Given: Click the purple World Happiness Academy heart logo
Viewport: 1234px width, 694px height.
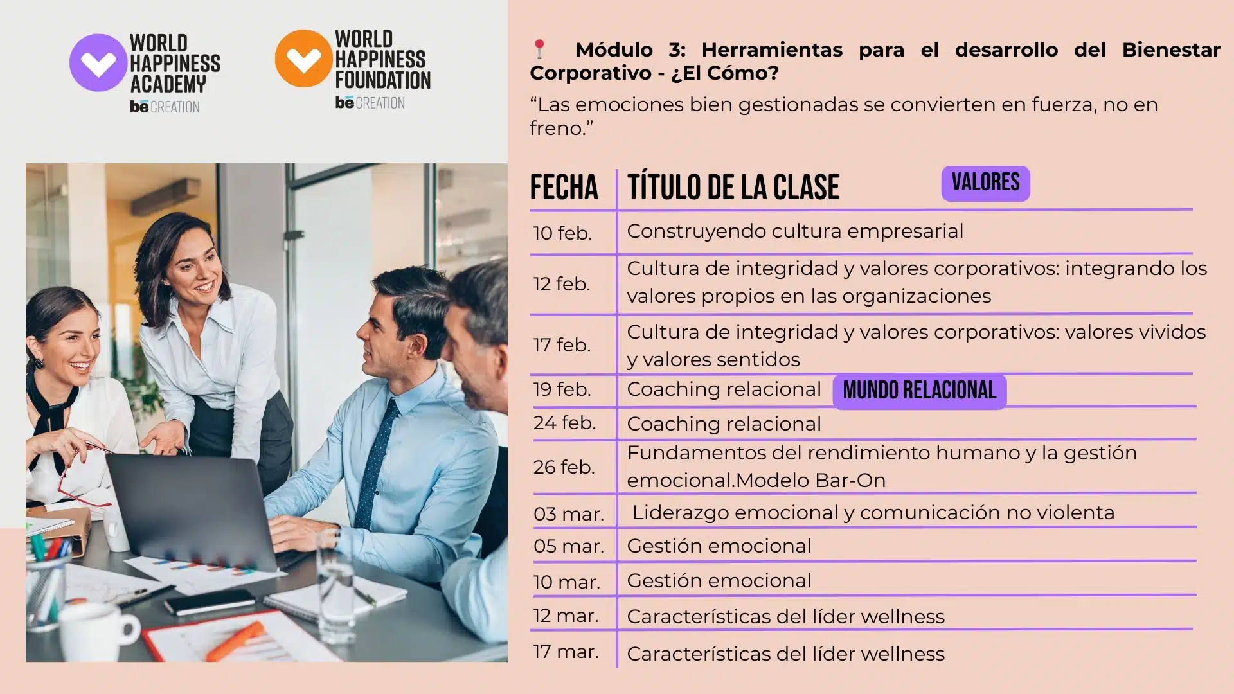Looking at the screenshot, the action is coord(98,62).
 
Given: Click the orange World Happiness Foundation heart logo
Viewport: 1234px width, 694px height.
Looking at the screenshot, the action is coord(304,58).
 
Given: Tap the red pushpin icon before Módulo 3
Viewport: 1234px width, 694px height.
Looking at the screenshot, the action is coord(539,49).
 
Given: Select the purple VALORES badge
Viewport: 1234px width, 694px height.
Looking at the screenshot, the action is coord(985,183).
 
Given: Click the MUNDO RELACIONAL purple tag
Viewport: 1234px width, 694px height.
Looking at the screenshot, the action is coord(919,391).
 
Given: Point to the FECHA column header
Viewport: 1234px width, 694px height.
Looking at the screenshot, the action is coord(564,188).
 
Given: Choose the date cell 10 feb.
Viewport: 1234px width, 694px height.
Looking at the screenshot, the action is coord(562,233).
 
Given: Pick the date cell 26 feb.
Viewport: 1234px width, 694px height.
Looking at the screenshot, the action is coord(564,467).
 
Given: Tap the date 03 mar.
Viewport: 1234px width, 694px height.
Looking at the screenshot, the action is coord(569,514).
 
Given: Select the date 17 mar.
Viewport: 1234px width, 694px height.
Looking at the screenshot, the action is coord(566,652).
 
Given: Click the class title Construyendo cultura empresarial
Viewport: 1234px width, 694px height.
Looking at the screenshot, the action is coord(795,231).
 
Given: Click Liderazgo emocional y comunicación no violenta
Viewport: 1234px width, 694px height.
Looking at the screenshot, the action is coord(873,513).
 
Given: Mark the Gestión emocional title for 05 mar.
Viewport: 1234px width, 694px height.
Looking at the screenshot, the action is coord(719,546).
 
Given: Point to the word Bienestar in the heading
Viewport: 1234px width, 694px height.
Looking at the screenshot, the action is coord(1171,49).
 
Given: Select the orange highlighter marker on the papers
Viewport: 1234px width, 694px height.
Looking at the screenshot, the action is coord(235,642).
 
